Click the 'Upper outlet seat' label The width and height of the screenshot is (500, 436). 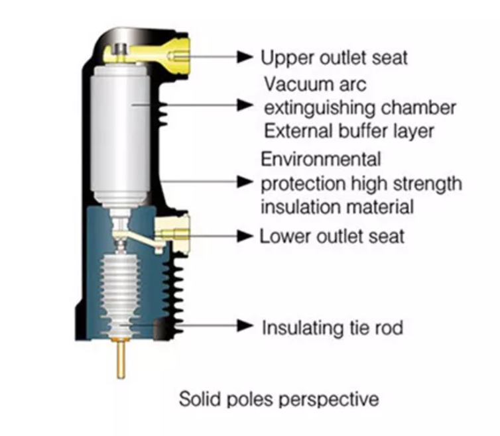pos(334,58)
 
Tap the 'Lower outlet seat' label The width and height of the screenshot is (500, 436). pos(332,237)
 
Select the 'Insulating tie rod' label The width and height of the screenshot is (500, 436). pos(332,327)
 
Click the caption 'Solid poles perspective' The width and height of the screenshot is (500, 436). pos(279,399)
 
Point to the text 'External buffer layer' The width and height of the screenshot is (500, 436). pos(349,131)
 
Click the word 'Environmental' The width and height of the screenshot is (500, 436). pos(321,159)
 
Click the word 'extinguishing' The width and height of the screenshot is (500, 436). pos(320,109)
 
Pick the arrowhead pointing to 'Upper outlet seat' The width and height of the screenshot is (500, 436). pos(245,57)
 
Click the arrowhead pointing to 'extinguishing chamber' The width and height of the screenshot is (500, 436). pos(245,105)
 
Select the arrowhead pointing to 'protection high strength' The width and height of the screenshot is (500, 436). pos(245,182)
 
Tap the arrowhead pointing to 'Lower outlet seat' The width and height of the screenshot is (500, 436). pos(245,236)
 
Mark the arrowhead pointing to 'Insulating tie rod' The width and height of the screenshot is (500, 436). pos(245,326)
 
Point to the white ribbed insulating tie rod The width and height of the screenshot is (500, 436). pos(120,295)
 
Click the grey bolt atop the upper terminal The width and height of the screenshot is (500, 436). pos(121,52)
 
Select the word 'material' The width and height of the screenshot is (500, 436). pos(375,207)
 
